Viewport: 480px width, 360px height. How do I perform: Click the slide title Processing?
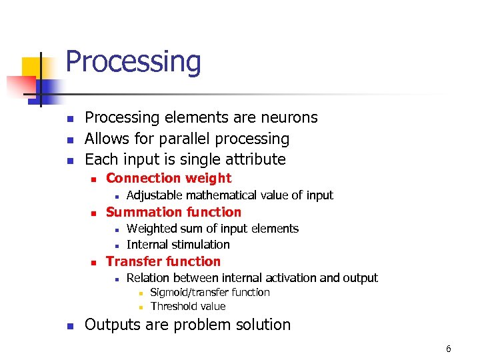tap(133, 62)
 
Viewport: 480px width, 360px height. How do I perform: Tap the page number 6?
tap(449, 349)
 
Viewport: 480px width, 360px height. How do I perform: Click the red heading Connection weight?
tap(169, 178)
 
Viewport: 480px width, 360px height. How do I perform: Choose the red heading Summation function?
tap(173, 212)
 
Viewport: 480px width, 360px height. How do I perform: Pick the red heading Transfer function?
tap(163, 261)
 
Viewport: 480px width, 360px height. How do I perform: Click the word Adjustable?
tap(154, 195)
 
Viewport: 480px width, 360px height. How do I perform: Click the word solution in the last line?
tap(262, 325)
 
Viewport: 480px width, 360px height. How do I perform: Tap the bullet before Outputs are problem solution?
tap(69, 326)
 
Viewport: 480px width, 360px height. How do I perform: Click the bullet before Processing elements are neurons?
tap(69, 119)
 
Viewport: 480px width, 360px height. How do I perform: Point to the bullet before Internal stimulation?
tap(117, 245)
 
